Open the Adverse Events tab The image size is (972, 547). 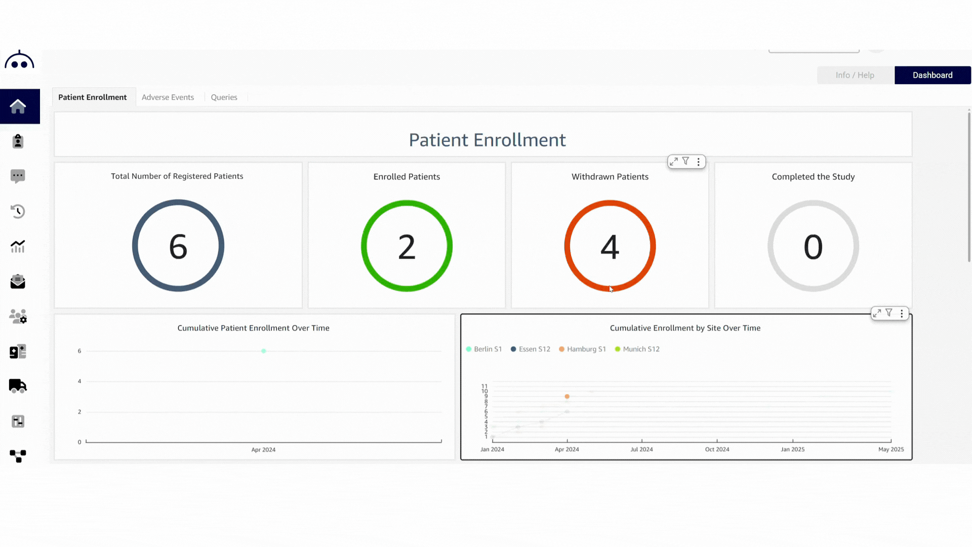[168, 97]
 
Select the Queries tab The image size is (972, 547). [224, 97]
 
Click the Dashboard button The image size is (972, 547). [932, 75]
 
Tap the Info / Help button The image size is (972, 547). [855, 75]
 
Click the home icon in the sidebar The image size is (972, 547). [18, 106]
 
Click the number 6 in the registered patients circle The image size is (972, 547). [178, 247]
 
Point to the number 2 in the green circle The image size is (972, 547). [407, 247]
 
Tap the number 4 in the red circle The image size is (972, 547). [610, 247]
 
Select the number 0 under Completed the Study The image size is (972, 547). [813, 247]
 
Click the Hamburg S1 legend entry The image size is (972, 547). [583, 349]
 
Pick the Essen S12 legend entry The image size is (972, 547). [531, 349]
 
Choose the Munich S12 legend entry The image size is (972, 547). [637, 349]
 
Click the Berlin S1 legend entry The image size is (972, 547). [484, 349]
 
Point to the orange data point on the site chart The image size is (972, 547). [567, 397]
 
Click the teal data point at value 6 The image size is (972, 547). [264, 351]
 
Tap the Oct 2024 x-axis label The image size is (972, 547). [717, 449]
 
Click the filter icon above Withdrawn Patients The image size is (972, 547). [685, 161]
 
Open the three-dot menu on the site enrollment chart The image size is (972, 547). [902, 314]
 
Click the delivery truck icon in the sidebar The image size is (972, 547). [18, 386]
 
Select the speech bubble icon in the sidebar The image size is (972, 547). [18, 176]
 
